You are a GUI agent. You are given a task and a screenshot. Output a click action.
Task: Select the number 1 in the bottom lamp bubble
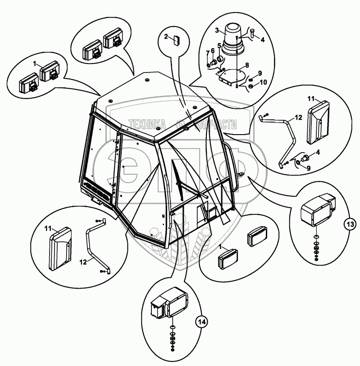coord(220,248)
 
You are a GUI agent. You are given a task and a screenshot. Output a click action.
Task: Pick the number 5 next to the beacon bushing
coord(219,45)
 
